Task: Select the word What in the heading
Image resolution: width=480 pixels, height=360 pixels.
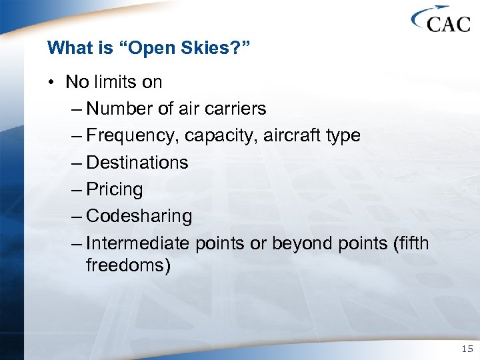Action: coord(66,48)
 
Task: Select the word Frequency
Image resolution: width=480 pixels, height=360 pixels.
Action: coord(133,136)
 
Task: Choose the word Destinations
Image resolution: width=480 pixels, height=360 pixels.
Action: coord(137,163)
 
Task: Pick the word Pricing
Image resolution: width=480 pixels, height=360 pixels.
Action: coord(115,189)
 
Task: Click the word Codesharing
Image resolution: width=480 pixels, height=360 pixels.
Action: coord(139,216)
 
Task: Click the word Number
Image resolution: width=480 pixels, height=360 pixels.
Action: coord(117,109)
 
